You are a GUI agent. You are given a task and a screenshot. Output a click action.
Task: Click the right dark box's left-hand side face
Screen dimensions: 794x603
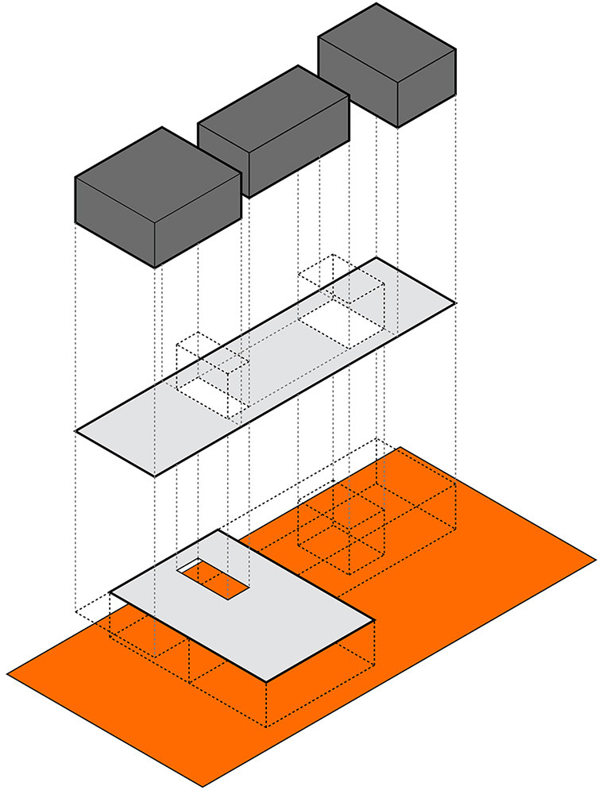click(358, 83)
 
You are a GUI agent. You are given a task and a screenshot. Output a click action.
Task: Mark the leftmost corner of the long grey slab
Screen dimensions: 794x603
click(75, 432)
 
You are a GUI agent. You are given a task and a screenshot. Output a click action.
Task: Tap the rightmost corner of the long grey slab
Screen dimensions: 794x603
click(455, 303)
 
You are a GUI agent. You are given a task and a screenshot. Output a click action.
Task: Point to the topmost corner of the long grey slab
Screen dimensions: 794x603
click(377, 258)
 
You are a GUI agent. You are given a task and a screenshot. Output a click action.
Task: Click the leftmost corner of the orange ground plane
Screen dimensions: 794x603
click(7, 676)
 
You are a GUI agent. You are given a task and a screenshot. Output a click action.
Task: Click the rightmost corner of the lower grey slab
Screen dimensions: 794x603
click(374, 621)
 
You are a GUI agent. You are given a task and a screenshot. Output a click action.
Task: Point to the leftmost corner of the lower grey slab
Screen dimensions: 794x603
click(110, 592)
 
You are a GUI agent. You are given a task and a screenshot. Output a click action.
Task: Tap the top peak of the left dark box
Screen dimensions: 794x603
click(162, 128)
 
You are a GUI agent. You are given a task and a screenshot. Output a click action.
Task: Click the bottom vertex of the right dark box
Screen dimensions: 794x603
click(398, 127)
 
